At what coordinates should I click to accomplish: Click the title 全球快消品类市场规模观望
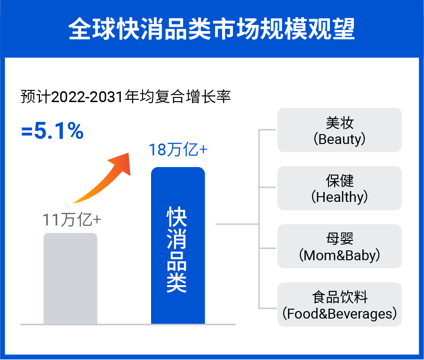[x=212, y=29]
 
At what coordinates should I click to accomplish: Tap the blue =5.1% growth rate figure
[x=52, y=132]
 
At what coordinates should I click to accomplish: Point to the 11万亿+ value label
[x=72, y=220]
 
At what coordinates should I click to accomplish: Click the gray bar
[x=71, y=278]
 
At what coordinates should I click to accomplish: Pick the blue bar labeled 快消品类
[x=178, y=245]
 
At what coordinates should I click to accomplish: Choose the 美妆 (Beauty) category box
[x=339, y=130]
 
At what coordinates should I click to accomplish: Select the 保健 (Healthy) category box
[x=339, y=188]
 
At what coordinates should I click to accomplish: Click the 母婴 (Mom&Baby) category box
[x=339, y=246]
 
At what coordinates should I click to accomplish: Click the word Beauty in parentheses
[x=341, y=139]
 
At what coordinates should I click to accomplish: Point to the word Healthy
[x=339, y=197]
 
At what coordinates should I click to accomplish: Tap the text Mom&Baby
[x=339, y=256]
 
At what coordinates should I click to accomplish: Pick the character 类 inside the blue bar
[x=177, y=282]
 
